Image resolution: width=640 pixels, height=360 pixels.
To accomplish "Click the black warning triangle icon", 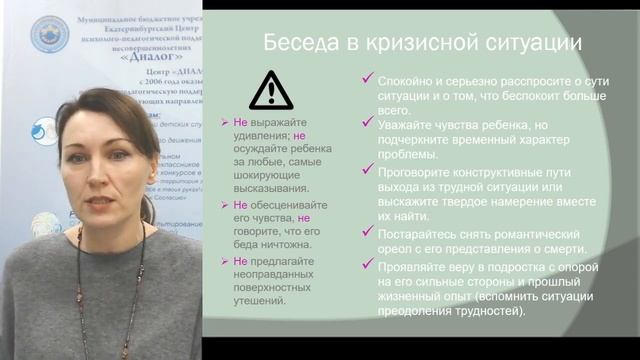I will coord(271,90).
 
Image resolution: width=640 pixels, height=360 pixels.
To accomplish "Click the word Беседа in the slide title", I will coord(295,44).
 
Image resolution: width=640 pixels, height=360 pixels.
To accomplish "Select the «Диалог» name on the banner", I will coord(127,57).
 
